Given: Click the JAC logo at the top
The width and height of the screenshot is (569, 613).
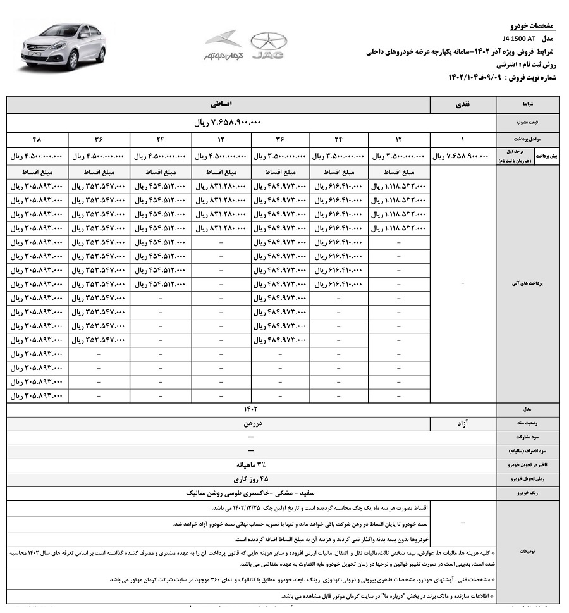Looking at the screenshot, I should coord(268,46).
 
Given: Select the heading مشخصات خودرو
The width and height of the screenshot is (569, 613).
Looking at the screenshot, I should coord(532,25).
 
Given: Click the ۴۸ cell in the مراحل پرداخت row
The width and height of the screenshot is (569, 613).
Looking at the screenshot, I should coord(37,139).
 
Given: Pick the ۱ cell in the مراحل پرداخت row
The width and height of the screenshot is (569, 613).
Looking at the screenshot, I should coord(463,139).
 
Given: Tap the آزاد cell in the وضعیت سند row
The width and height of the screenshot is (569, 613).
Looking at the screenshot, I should coord(463,423).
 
